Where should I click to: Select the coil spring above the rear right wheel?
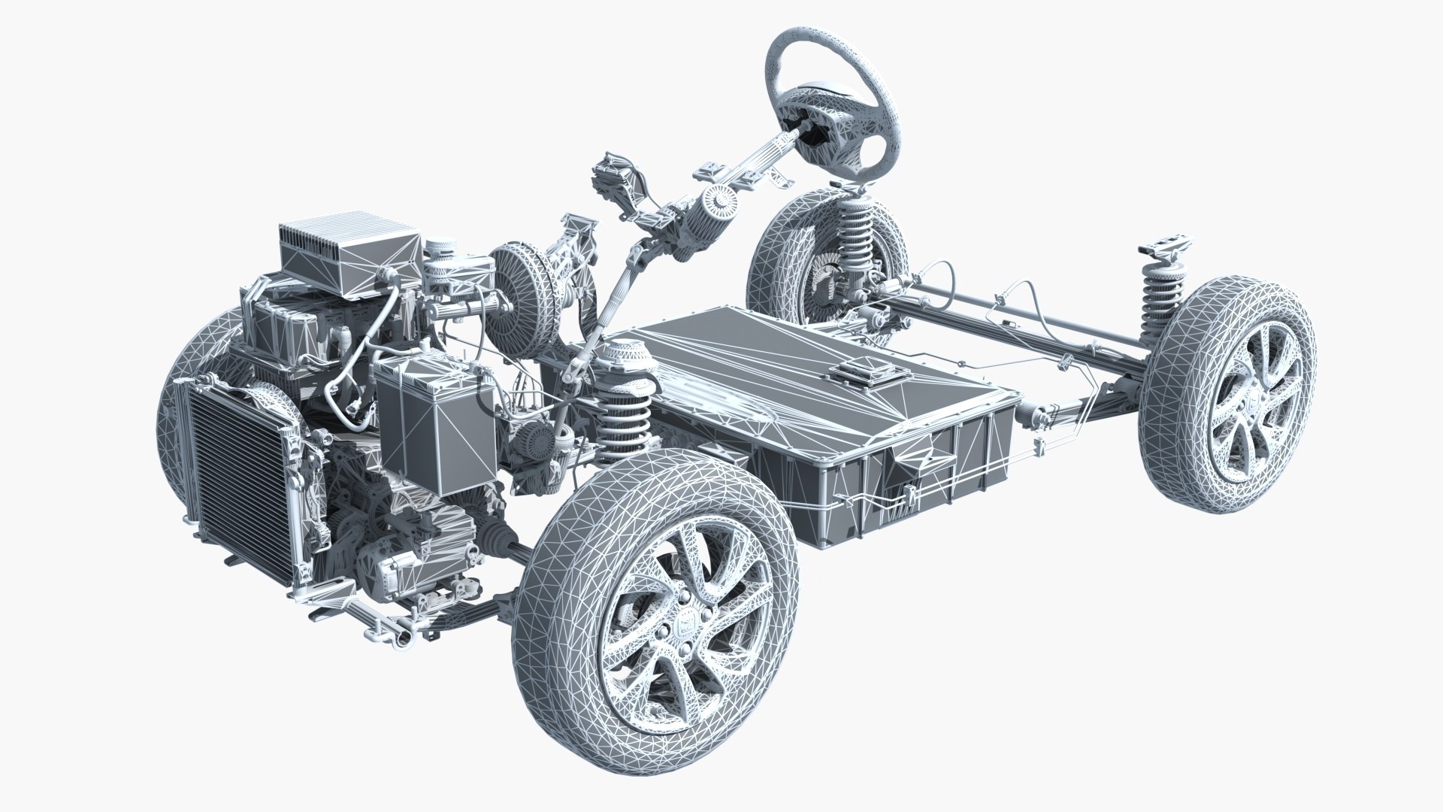[1161, 294]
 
